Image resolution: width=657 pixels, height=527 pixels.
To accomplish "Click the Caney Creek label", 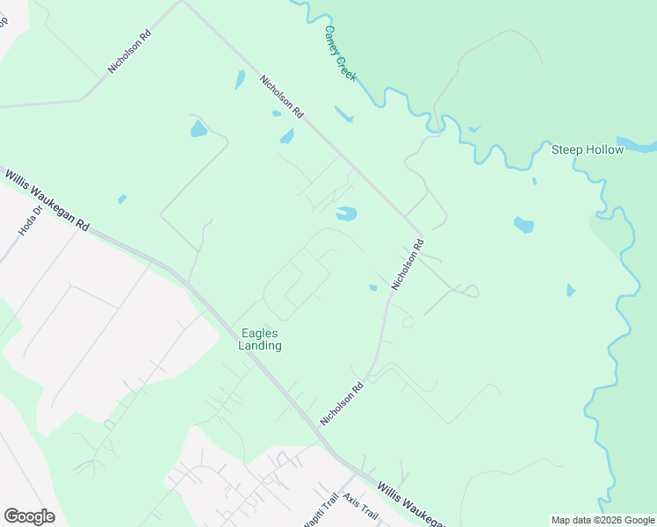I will tap(340, 53).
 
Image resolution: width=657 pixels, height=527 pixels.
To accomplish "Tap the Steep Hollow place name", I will tap(588, 149).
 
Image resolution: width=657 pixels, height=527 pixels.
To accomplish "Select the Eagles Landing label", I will tap(261, 339).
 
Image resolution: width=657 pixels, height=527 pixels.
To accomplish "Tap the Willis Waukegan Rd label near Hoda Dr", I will tap(47, 200).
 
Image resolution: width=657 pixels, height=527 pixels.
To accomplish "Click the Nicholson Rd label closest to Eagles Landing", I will tap(342, 404).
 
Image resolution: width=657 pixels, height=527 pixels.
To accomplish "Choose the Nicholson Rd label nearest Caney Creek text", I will tap(281, 97).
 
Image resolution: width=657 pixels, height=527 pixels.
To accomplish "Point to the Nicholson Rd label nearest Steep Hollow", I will tap(408, 263).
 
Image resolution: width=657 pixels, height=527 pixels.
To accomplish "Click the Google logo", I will tap(29, 516).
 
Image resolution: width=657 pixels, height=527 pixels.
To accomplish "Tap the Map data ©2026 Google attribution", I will tap(603, 520).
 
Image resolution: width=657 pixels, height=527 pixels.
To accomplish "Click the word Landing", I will tap(261, 346).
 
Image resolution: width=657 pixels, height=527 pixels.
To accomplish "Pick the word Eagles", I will tap(261, 332).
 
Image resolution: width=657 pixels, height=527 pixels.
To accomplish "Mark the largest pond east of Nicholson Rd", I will tap(523, 225).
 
